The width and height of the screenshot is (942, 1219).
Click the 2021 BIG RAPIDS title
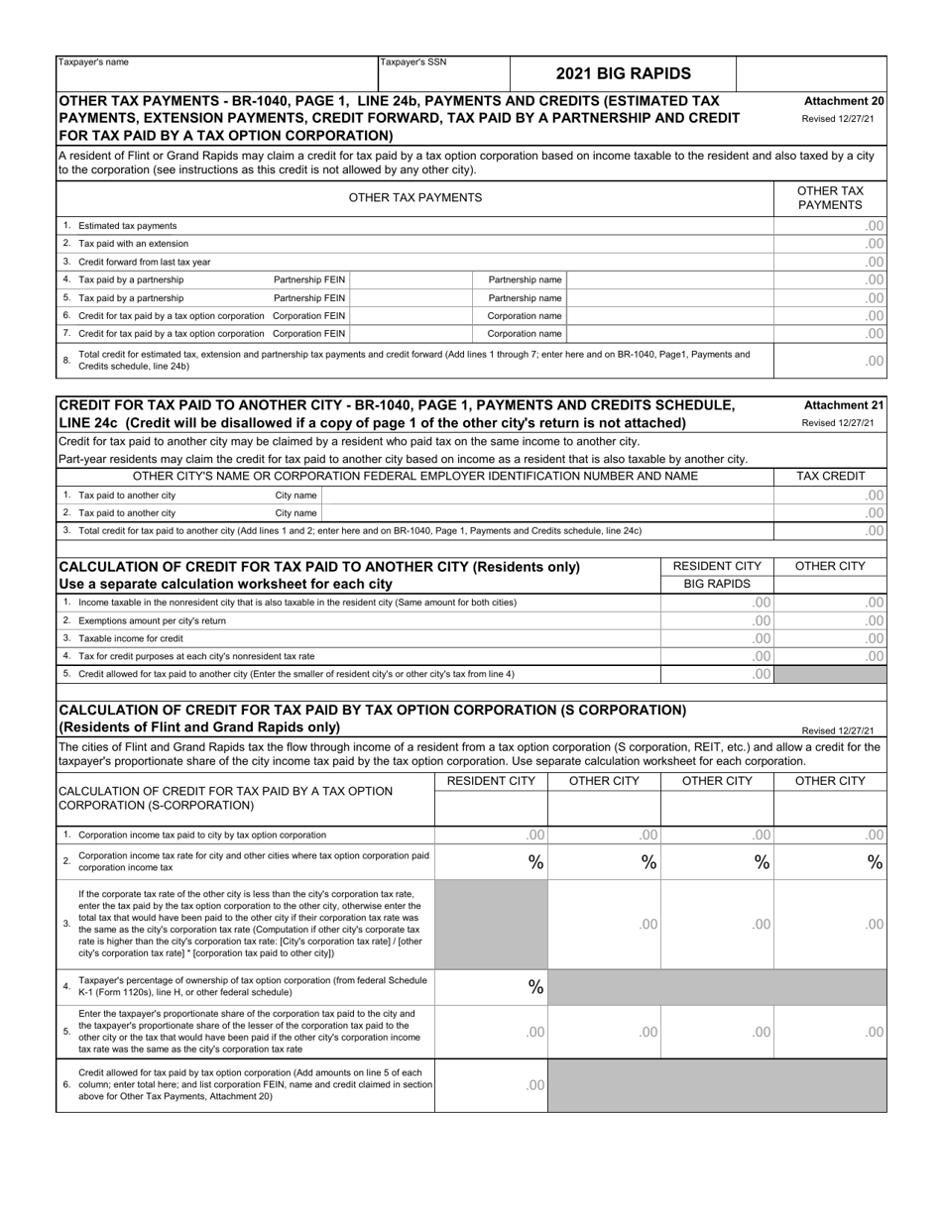623,73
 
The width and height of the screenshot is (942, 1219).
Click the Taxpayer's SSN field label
413,62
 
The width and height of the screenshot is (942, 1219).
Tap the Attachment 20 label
844,101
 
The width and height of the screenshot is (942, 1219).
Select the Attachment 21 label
844,405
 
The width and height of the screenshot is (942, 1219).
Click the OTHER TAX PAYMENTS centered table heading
415,197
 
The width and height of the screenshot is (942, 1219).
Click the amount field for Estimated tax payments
830,226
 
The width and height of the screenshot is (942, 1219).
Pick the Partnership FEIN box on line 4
412,280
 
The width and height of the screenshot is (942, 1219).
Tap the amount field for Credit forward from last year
830,262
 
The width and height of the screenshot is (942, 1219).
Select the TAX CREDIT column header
830,477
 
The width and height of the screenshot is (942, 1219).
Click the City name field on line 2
546,513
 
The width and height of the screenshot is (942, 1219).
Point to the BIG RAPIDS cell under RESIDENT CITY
717,584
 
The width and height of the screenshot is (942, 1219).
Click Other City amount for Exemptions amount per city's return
830,620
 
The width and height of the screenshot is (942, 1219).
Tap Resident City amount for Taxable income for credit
717,638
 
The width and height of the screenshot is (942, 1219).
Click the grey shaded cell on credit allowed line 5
830,674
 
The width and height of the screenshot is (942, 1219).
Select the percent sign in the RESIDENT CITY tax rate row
535,862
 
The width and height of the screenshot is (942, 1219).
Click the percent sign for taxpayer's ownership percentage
535,987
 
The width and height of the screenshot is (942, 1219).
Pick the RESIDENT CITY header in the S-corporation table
491,782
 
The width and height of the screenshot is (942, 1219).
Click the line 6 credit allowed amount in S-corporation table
491,1085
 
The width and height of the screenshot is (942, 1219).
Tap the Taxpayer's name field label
94,62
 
